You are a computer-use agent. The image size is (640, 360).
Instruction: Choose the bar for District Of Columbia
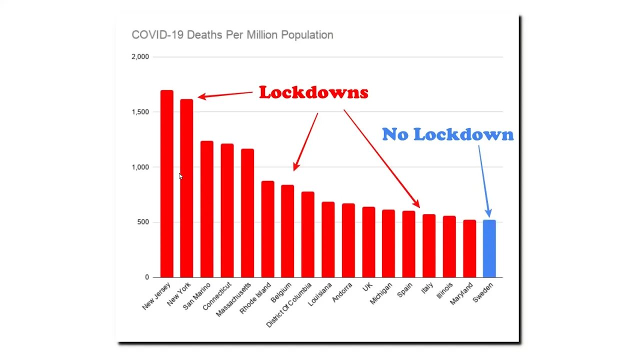coord(307,234)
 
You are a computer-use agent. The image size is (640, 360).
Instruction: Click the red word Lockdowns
coord(313,92)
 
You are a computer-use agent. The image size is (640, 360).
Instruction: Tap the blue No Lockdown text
coord(447,134)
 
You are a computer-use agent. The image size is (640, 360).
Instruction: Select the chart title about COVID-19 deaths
coord(232,35)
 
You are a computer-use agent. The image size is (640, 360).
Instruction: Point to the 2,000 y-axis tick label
coord(140,57)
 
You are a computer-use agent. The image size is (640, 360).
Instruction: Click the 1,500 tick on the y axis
coord(140,112)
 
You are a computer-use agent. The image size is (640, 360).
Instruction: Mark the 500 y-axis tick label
coord(143,222)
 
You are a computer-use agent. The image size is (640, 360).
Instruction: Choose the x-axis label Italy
coord(426,288)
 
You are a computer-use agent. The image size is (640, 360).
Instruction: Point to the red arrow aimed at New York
coord(225,94)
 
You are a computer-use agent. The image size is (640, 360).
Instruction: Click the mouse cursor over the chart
coord(180,176)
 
